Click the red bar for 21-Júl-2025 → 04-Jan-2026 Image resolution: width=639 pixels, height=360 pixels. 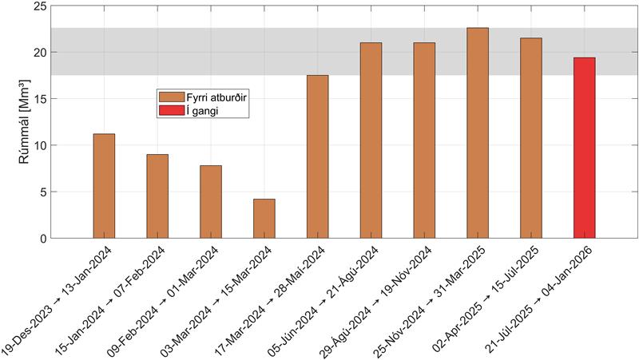click(x=584, y=148)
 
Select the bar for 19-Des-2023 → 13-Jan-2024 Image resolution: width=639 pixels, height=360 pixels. click(x=104, y=186)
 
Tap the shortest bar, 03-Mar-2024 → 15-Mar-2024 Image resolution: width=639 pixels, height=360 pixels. click(x=264, y=218)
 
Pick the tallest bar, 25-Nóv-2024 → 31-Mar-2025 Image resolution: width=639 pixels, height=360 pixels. click(x=478, y=133)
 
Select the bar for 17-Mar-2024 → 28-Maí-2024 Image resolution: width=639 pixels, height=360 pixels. click(x=317, y=156)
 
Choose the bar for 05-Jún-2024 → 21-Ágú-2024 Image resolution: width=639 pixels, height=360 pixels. click(x=371, y=140)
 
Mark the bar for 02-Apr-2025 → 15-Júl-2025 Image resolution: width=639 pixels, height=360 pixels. click(x=530, y=137)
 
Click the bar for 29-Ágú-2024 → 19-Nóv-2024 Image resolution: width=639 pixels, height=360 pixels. click(x=424, y=140)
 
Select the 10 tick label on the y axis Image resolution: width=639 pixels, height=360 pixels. click(x=40, y=145)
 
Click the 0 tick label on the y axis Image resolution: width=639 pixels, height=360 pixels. click(x=43, y=239)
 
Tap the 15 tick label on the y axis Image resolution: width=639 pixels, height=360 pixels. click(x=40, y=99)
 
